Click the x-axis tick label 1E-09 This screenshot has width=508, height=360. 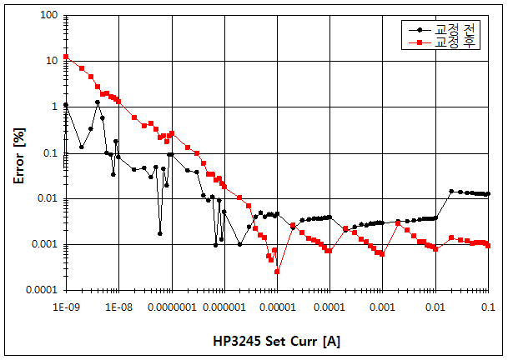65,306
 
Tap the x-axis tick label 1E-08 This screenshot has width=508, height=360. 118,306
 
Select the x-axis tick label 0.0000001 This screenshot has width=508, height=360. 171,306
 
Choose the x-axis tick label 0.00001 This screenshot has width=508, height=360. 276,306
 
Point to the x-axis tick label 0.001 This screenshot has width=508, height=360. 382,306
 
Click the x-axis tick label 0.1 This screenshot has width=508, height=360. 488,306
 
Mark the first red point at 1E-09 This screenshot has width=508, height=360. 66,57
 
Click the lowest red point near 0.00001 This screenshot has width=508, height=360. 277,272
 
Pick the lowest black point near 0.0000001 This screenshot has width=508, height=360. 160,233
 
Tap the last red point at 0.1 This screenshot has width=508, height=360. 488,245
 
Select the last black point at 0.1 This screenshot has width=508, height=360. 488,194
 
